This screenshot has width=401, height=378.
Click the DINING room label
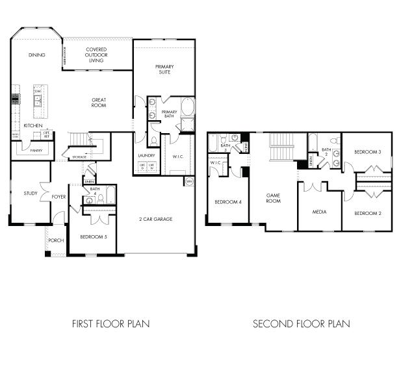pyautogui.click(x=37, y=55)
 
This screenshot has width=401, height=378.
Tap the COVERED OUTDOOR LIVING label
pyautogui.click(x=96, y=55)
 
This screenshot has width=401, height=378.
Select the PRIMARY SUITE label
pyautogui.click(x=164, y=69)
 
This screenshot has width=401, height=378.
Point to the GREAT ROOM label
pyautogui.click(x=99, y=103)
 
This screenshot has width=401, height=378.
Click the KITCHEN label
pyautogui.click(x=33, y=125)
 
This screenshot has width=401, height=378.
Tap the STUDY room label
pyautogui.click(x=31, y=193)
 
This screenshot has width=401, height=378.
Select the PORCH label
pyautogui.click(x=56, y=240)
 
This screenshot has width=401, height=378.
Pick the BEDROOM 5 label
pyautogui.click(x=93, y=236)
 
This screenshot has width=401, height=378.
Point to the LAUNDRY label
pyautogui.click(x=147, y=156)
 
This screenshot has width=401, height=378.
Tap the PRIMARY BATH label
pyautogui.click(x=169, y=114)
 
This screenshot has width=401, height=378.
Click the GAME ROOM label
pyautogui.click(x=273, y=198)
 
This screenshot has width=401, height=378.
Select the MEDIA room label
pyautogui.click(x=319, y=212)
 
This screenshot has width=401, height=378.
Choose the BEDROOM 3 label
pyautogui.click(x=367, y=151)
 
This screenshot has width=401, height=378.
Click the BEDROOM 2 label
pyautogui.click(x=367, y=213)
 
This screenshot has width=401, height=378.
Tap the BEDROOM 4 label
pyautogui.click(x=228, y=202)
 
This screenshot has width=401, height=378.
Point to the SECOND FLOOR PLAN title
pyautogui.click(x=301, y=323)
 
